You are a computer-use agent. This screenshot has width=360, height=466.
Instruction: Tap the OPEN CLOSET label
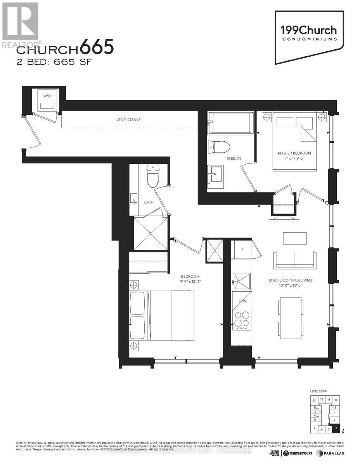[x=128, y=119]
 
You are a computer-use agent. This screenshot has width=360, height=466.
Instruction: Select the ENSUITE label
[x=234, y=158]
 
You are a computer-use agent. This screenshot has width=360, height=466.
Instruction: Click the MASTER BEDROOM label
[x=294, y=153]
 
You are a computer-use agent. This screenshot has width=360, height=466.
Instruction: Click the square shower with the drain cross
[x=150, y=233]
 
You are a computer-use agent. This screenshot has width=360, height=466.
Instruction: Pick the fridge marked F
[x=242, y=249]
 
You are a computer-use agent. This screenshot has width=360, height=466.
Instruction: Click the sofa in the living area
[x=294, y=259]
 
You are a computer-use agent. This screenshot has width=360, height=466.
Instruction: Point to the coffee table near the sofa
[x=295, y=238]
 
